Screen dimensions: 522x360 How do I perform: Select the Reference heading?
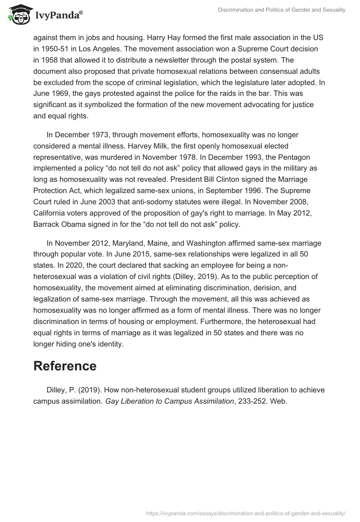pos(65,366)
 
